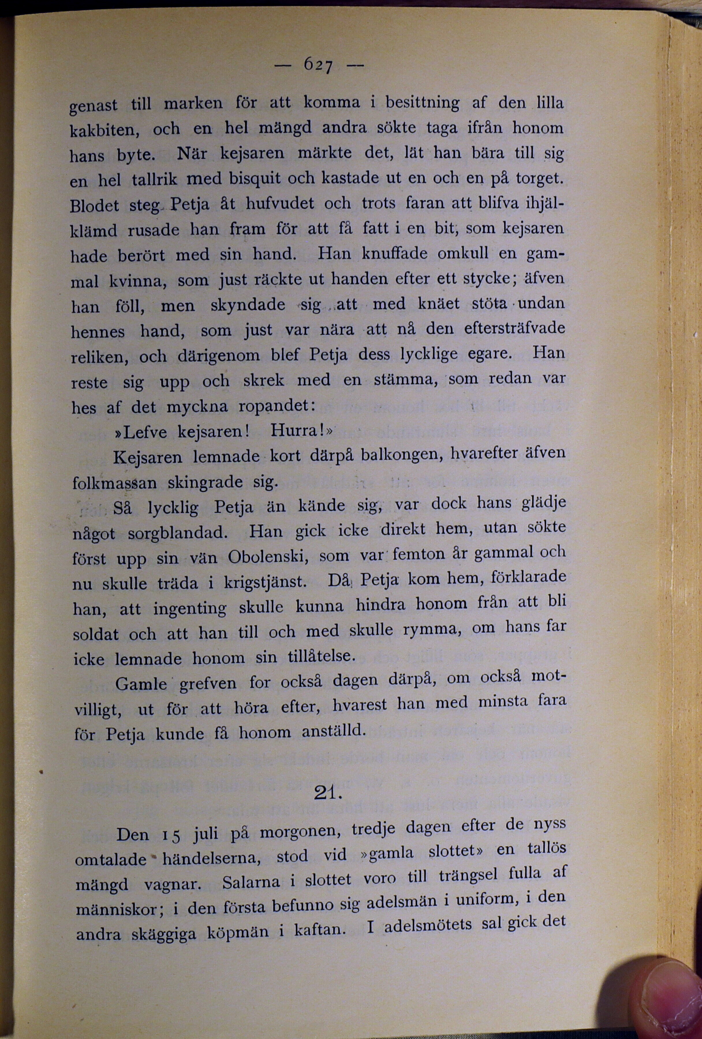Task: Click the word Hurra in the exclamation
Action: pyautogui.click(x=297, y=431)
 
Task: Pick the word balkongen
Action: pyautogui.click(x=402, y=455)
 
